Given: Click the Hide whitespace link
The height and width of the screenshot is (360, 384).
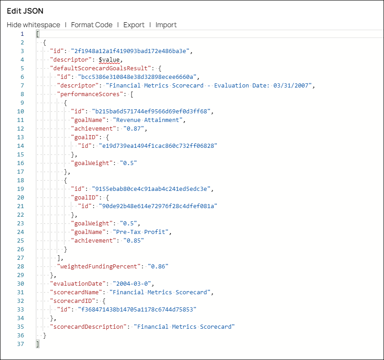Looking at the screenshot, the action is [x=33, y=25].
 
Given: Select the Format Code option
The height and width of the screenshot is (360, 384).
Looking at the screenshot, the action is [x=92, y=25].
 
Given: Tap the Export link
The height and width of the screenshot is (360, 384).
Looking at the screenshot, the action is [x=134, y=25].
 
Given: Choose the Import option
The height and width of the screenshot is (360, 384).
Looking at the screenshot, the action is [x=166, y=25].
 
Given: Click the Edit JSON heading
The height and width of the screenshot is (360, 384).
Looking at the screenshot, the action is [x=25, y=11].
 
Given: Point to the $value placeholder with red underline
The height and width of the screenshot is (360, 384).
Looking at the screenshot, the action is [x=109, y=60].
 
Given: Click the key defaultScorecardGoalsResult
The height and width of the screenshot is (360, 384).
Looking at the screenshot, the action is [x=100, y=68].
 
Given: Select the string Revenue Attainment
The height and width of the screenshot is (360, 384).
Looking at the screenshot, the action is [x=148, y=120].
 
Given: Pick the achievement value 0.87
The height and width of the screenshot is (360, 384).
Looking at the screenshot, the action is [x=133, y=129].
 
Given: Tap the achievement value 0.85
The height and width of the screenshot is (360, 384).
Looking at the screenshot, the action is [x=133, y=240].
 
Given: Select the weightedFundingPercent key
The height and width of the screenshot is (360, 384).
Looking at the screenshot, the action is [x=98, y=266].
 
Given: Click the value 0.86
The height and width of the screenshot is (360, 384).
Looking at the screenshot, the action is [x=158, y=266].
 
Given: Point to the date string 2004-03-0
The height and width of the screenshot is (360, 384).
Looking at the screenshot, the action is [x=132, y=284].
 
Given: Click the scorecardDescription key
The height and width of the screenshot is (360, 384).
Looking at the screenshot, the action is [x=88, y=327].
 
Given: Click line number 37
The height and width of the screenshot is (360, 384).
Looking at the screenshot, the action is [x=20, y=344].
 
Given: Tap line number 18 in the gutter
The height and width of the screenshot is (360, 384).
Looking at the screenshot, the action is [x=20, y=180].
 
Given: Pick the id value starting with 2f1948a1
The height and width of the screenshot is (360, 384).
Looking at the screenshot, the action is [x=130, y=51].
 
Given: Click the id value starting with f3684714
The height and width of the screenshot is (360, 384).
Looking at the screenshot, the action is [x=137, y=309].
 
